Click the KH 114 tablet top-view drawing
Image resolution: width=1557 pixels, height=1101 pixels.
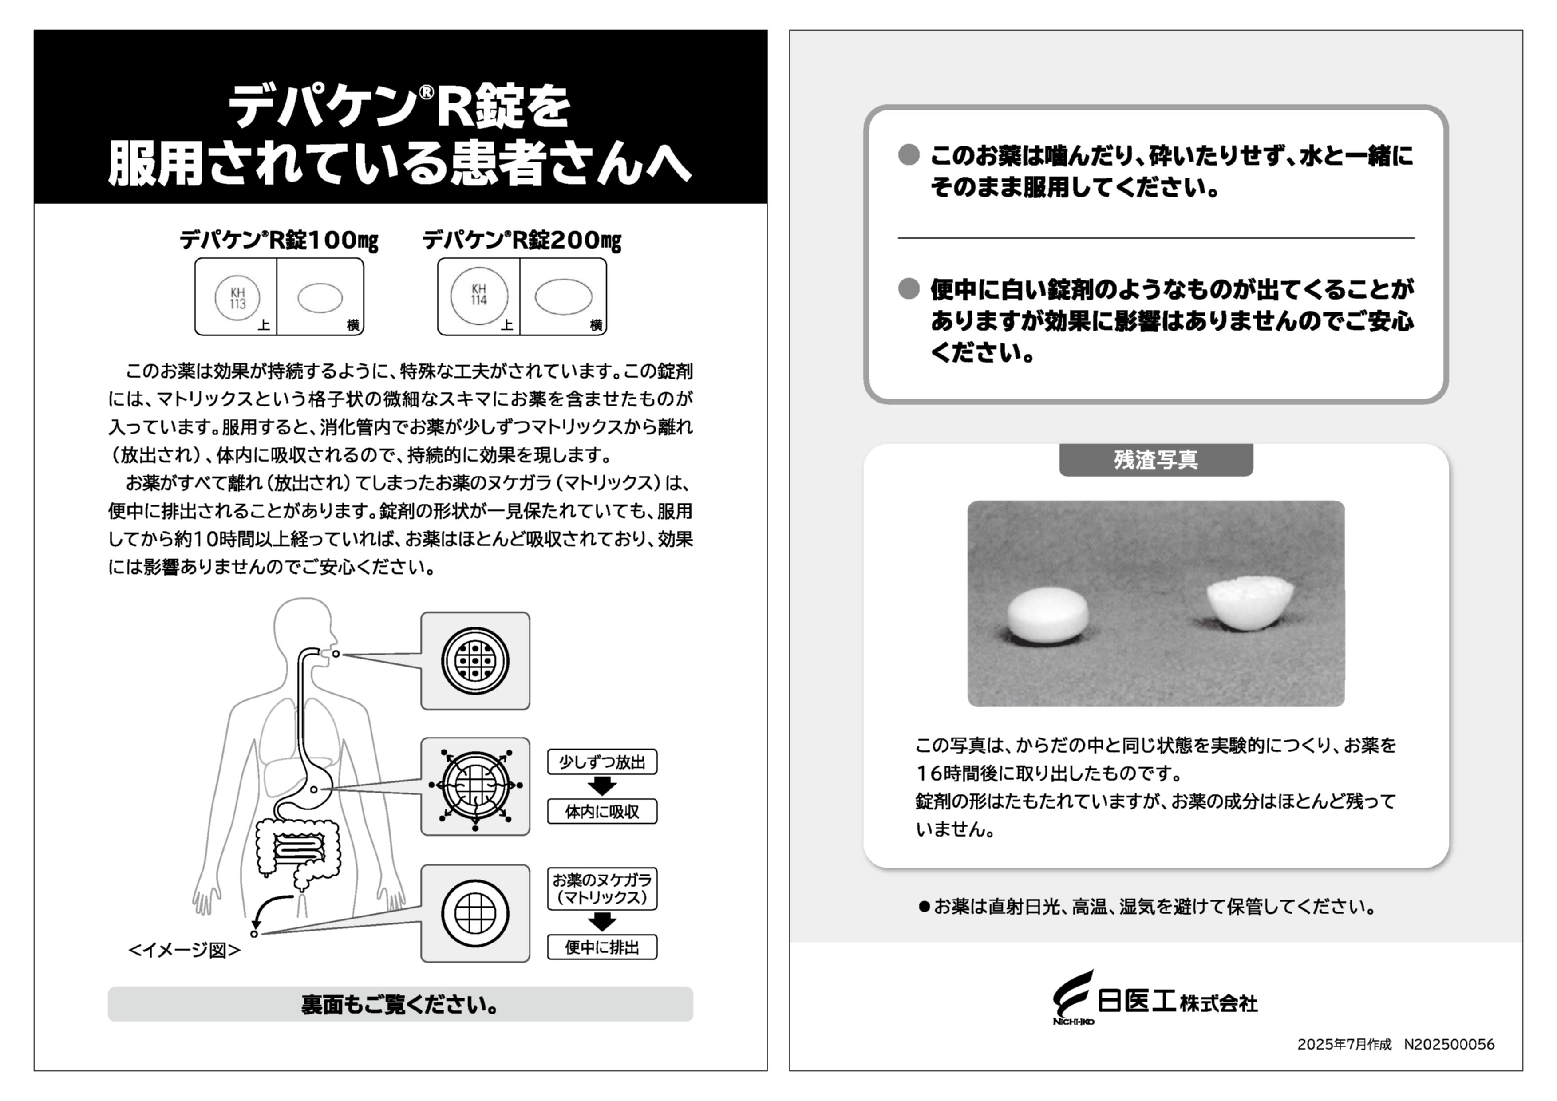pos(479,296)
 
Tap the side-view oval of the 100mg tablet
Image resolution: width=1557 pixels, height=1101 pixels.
pos(320,298)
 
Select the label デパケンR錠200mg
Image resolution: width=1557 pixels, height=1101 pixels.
pos(522,240)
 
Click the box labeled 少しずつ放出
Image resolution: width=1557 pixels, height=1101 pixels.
pos(602,762)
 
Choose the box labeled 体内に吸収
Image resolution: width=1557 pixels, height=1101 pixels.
pos(602,812)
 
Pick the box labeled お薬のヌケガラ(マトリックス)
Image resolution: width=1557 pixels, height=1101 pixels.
pos(602,889)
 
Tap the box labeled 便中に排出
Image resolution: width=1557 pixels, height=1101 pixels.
pos(602,947)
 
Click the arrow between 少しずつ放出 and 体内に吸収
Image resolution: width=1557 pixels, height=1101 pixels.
pos(602,786)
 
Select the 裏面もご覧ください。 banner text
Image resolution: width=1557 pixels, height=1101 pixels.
pos(400,1005)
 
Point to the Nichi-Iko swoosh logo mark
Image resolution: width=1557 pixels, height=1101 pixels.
pos(1074,995)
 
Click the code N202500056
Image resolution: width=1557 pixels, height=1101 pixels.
pos(1449,1045)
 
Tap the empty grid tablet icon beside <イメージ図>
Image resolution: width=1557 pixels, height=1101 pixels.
pos(475,912)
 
